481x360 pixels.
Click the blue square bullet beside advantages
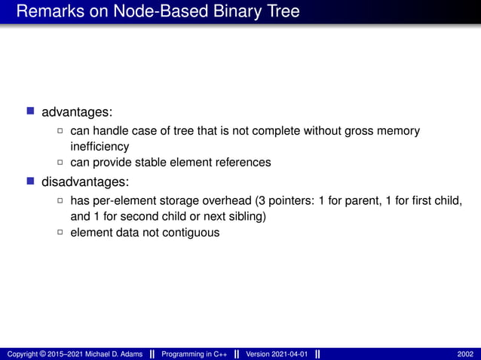tap(31, 111)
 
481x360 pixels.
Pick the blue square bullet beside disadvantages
tap(31, 182)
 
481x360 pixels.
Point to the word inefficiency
tap(100, 146)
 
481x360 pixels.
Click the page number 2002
tap(465, 354)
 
